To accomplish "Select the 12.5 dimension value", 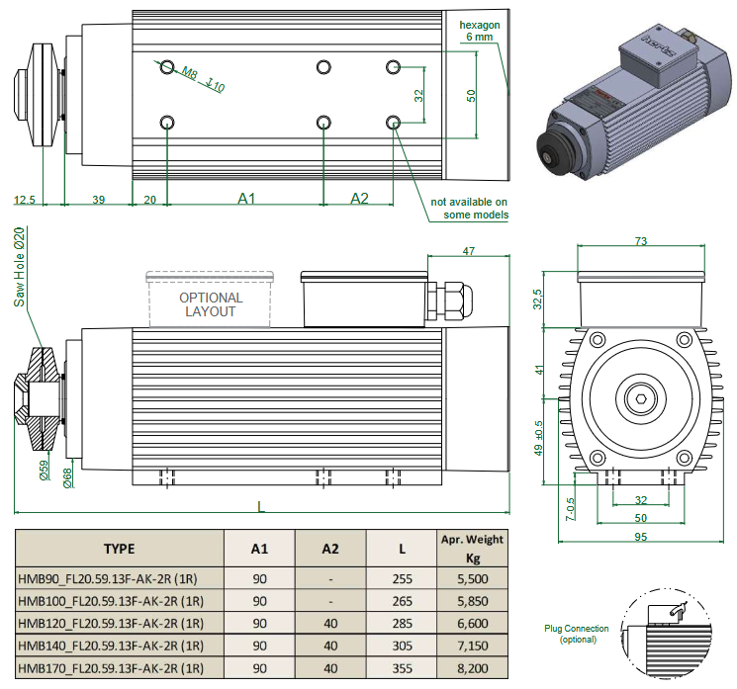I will coord(25,200).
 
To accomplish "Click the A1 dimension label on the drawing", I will coord(246,199).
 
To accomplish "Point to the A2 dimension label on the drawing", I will coord(359,199).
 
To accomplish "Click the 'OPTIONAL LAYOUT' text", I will coord(210,303).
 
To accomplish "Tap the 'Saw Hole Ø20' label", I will coord(18,267).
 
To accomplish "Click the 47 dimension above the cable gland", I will coord(469,251).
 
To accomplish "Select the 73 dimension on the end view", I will coord(640,241).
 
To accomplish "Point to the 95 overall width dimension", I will coord(640,535).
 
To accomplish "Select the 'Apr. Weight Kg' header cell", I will coord(472,547).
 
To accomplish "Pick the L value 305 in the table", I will coord(401,646).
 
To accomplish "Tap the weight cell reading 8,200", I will coord(472,668).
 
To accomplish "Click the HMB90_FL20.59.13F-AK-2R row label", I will coord(111,577).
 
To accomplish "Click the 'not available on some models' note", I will coord(469,208).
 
